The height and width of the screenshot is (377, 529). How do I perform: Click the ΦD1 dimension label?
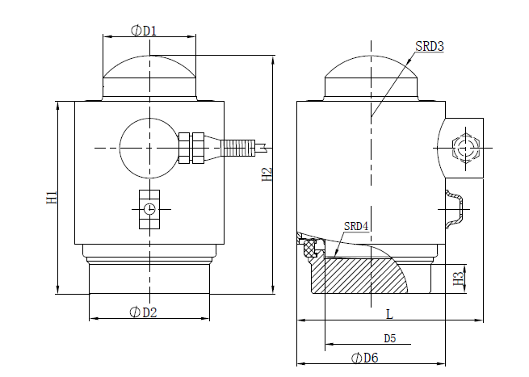point(143,31)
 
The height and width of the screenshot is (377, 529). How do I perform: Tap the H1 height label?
point(51,197)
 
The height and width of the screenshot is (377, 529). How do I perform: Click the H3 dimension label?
point(460,278)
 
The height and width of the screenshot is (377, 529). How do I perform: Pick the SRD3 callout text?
point(430,47)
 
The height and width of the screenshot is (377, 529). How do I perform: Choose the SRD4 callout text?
point(356,226)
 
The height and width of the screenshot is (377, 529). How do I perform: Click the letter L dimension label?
point(388,312)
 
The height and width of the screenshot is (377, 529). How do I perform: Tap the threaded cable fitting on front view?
point(238,148)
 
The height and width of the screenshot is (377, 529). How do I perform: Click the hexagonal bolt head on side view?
point(465,149)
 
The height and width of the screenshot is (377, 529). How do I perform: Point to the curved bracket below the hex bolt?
point(456,208)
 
